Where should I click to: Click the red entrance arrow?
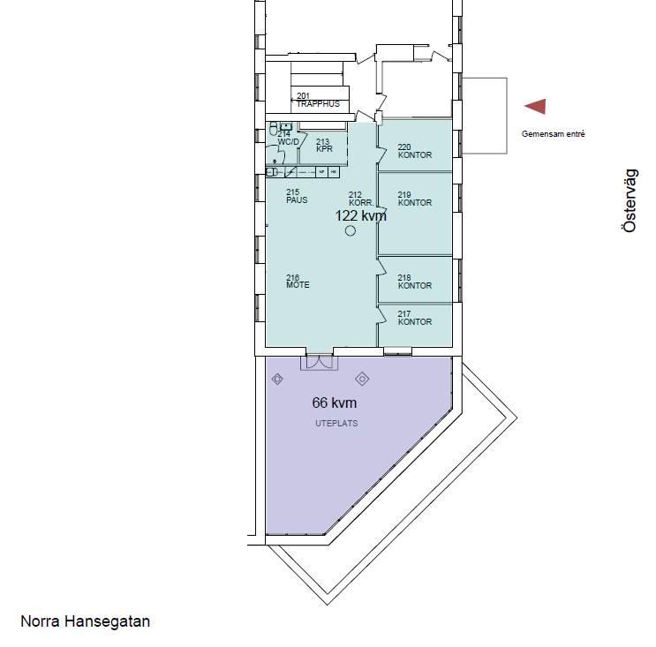coord(536,107)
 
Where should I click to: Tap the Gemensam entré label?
coord(553,134)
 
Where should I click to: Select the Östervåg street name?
coord(630,200)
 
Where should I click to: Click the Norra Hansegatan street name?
coord(86,621)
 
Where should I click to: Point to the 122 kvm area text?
coord(360,215)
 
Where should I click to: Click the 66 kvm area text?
coord(335,402)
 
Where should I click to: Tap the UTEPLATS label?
coord(336,424)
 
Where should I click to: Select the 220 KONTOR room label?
coord(415,151)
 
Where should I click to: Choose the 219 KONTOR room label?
coord(415,199)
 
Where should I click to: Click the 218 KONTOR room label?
coord(415,282)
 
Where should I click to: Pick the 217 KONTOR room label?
coord(415,318)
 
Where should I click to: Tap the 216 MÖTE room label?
coord(298,281)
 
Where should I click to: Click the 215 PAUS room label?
coord(297,196)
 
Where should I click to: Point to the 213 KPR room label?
coord(324,145)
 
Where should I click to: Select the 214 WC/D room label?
coord(288,138)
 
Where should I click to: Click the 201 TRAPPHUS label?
coord(318,100)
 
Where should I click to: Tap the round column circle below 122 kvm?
coord(351,230)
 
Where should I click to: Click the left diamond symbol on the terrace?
coord(277,380)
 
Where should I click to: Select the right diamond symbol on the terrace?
coord(362,379)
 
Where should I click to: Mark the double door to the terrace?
coord(320,362)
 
